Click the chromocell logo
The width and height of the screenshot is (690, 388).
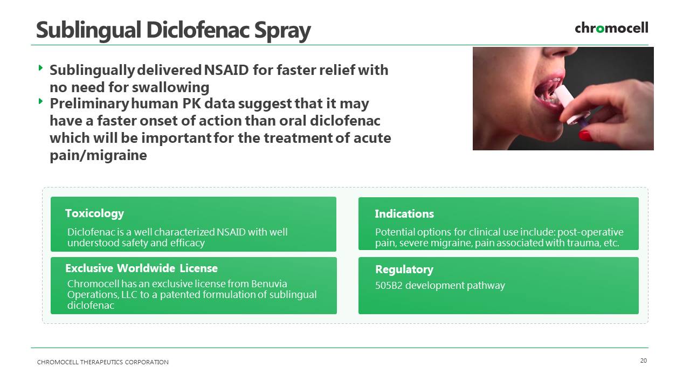[x=611, y=27]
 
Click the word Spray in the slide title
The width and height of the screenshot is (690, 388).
[x=282, y=31]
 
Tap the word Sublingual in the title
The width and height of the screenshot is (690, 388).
[x=89, y=31]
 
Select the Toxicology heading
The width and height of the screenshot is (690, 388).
[x=94, y=213]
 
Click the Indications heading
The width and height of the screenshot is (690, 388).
[x=404, y=214]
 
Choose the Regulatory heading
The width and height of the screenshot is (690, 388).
[x=404, y=269]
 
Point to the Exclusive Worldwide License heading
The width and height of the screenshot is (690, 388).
[x=141, y=268]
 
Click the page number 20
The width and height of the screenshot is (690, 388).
[x=644, y=361]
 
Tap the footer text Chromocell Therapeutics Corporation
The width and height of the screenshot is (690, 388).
[x=103, y=362]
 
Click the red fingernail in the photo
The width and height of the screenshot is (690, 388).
[x=586, y=135]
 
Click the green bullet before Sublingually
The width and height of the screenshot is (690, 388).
[x=40, y=68]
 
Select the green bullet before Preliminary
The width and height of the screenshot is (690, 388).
[x=40, y=101]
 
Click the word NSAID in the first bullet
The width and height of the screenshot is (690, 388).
[x=226, y=70]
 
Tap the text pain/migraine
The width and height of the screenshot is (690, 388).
[x=98, y=155]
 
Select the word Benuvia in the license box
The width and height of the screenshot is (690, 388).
[x=269, y=283]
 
